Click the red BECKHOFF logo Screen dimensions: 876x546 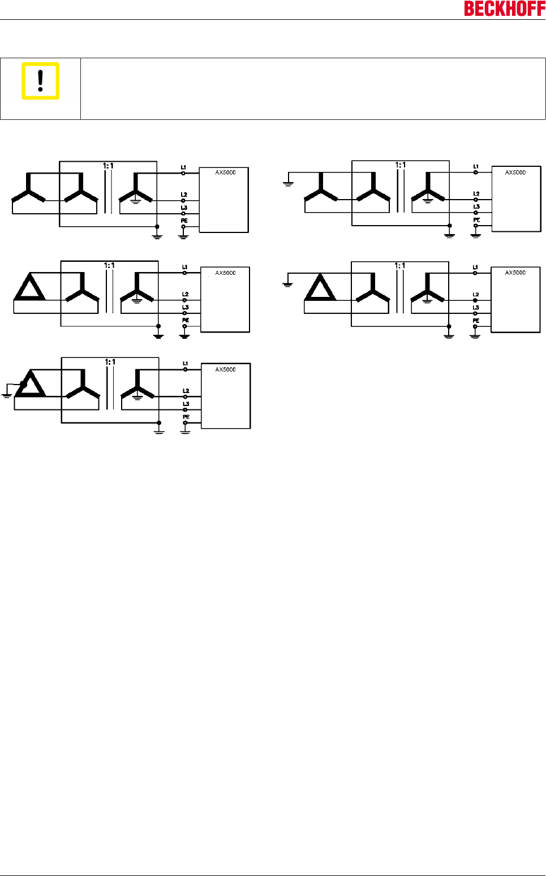(x=504, y=8)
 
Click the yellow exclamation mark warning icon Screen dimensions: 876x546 (x=40, y=81)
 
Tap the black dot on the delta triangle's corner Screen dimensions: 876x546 (x=23, y=384)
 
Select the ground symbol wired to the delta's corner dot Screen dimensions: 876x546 (x=7, y=394)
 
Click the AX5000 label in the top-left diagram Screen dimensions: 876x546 (x=225, y=172)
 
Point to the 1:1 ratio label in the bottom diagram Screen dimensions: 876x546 (x=110, y=362)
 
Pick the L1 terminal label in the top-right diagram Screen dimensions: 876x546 (x=476, y=167)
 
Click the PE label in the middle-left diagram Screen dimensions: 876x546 (x=185, y=320)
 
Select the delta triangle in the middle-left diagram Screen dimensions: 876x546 (x=30, y=287)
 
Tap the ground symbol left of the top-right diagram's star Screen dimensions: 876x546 (x=288, y=183)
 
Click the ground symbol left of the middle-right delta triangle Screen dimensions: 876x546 (x=287, y=284)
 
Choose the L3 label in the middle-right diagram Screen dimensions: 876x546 (x=476, y=308)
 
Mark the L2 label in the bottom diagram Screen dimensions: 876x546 (x=186, y=391)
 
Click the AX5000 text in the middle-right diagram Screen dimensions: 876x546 (x=515, y=273)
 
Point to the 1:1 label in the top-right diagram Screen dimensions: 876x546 (x=400, y=165)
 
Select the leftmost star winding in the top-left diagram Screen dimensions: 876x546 (x=28, y=191)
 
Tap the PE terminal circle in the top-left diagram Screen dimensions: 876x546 (x=183, y=227)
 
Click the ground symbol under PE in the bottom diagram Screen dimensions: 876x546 (x=185, y=431)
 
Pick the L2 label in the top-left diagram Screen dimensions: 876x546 (x=184, y=195)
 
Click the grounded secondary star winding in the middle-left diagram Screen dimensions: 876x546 (x=136, y=288)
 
